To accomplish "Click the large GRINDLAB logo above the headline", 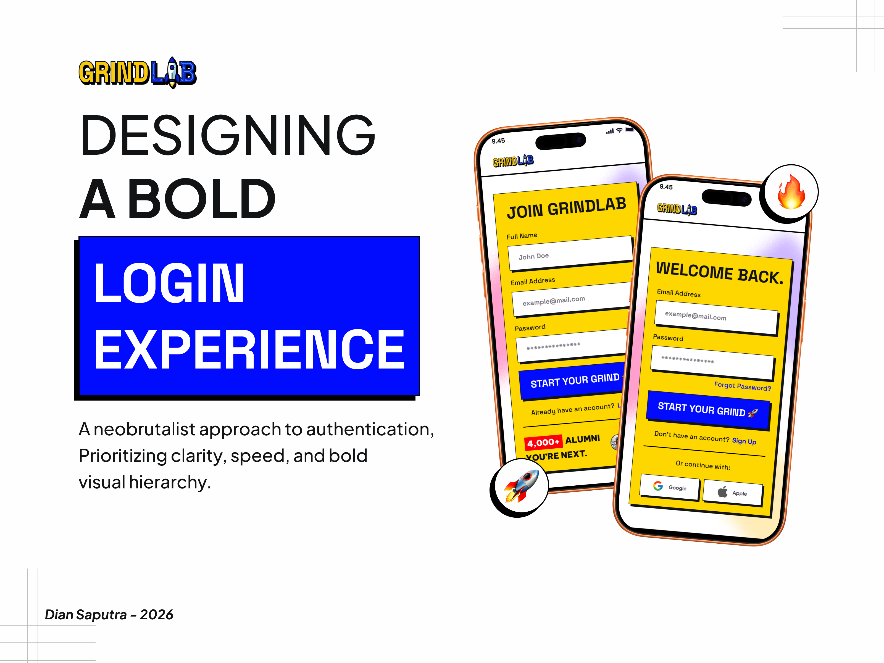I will click(x=137, y=73).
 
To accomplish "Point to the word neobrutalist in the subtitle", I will click(x=144, y=429).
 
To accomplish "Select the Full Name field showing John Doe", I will click(x=569, y=253).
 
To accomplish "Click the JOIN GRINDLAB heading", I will click(x=566, y=207).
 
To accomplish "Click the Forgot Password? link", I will click(x=743, y=386).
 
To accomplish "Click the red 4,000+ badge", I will click(x=543, y=442).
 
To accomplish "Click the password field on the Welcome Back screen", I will click(x=712, y=362).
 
